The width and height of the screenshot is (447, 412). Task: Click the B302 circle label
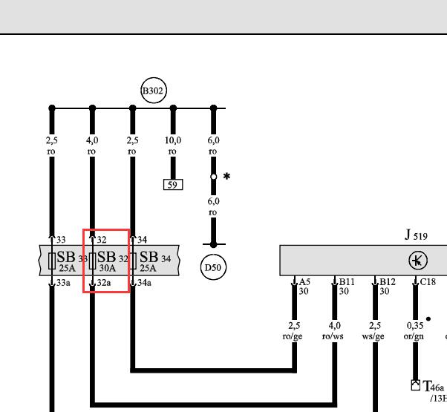tap(154, 91)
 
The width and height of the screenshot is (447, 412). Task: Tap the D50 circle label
tap(213, 267)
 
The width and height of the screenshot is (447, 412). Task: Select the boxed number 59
tap(173, 185)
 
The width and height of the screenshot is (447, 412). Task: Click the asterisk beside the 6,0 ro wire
tap(226, 176)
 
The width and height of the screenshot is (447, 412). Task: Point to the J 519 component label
tap(416, 235)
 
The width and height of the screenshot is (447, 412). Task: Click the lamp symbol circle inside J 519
tap(418, 260)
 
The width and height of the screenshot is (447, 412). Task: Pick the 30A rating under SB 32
tap(108, 268)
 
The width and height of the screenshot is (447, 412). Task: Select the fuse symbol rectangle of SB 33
tap(52, 261)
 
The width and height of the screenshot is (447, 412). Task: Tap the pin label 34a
tap(144, 283)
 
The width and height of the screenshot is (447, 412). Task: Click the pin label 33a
tap(63, 283)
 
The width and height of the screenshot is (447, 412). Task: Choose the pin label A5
tap(304, 282)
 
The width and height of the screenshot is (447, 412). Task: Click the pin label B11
tap(347, 282)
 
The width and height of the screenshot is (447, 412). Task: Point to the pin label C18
tap(428, 282)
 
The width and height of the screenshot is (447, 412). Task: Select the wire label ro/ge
tap(293, 336)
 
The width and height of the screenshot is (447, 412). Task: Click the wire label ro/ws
tap(333, 336)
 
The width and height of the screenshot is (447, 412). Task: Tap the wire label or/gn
tap(414, 336)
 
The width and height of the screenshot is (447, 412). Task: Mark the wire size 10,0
tap(173, 140)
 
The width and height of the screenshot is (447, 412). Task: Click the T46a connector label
tap(434, 386)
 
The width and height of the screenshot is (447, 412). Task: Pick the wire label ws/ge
tap(373, 336)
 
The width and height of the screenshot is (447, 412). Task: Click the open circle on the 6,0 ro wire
tap(214, 177)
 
